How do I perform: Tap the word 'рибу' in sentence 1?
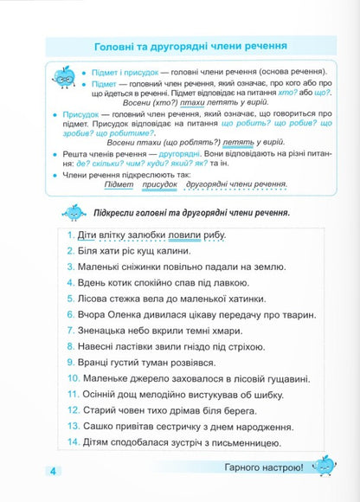tap(217, 236)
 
